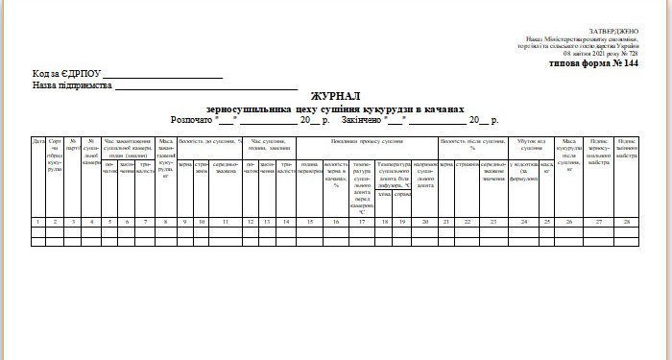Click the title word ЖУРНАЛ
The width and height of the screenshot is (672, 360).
point(335,97)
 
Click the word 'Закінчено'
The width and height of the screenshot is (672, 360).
point(361,120)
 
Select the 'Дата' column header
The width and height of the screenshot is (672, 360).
point(38,142)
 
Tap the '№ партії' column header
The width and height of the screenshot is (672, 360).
point(72,145)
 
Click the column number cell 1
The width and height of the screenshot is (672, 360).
point(38,222)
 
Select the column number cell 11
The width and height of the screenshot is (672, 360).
point(226,222)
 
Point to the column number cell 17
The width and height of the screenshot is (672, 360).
point(363,222)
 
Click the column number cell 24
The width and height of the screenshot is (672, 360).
point(524,222)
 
